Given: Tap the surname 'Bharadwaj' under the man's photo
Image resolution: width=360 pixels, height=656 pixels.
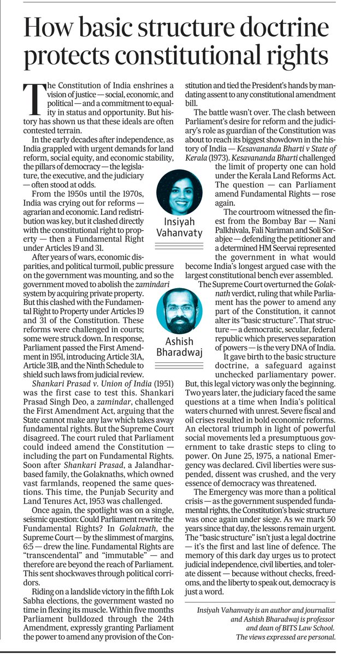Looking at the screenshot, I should tap(179, 352).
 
